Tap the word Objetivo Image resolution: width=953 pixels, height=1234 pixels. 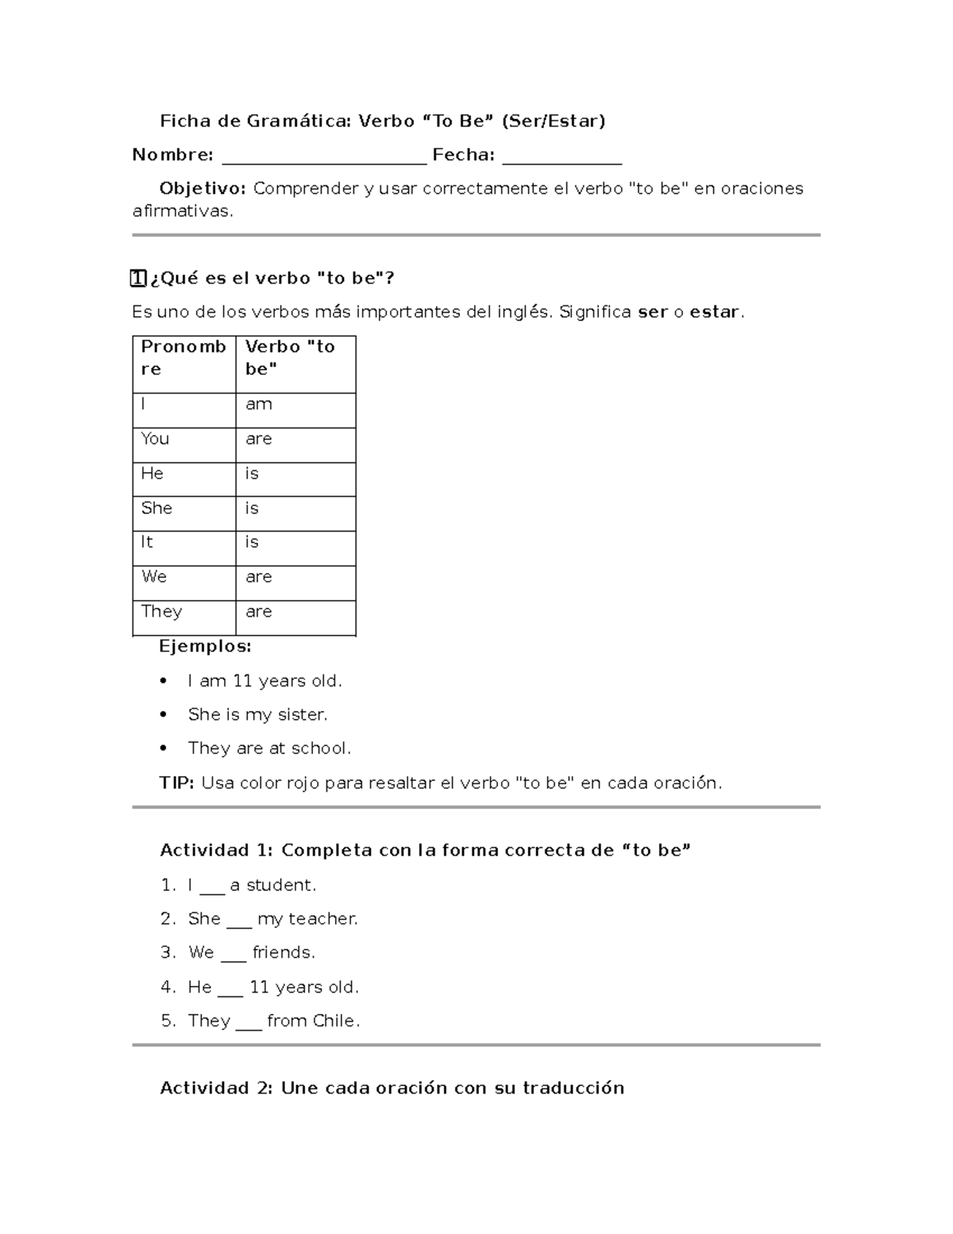click(x=203, y=188)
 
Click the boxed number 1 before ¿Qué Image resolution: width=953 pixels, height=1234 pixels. click(x=138, y=278)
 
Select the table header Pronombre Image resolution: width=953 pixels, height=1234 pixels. click(x=183, y=358)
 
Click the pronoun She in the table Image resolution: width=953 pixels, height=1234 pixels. click(x=156, y=509)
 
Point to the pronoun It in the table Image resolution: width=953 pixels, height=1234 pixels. click(x=147, y=542)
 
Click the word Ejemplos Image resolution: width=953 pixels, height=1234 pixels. click(x=205, y=647)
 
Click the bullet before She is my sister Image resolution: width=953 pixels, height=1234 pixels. click(x=164, y=715)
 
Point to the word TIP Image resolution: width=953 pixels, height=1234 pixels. click(x=176, y=783)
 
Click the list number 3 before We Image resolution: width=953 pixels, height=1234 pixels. click(x=167, y=953)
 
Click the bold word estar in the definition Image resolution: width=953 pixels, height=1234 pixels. click(x=715, y=312)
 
